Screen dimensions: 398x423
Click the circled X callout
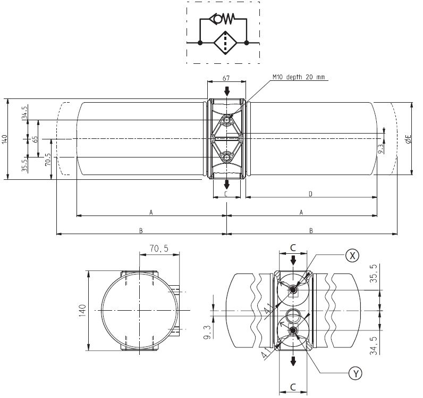[351, 255]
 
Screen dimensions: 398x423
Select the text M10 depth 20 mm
[298, 77]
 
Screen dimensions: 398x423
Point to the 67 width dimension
[227, 78]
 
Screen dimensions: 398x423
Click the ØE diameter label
[408, 139]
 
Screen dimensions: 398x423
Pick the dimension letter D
[311, 194]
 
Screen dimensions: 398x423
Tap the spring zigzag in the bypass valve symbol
[227, 19]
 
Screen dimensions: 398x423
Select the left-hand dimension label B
[141, 230]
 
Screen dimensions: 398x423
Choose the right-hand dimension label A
[301, 212]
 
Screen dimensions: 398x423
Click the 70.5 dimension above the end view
[158, 248]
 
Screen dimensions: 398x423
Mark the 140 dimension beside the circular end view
[82, 310]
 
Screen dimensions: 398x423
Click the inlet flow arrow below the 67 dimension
[227, 91]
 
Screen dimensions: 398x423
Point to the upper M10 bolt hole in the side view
[227, 120]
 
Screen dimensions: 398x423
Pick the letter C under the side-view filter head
[226, 194]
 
